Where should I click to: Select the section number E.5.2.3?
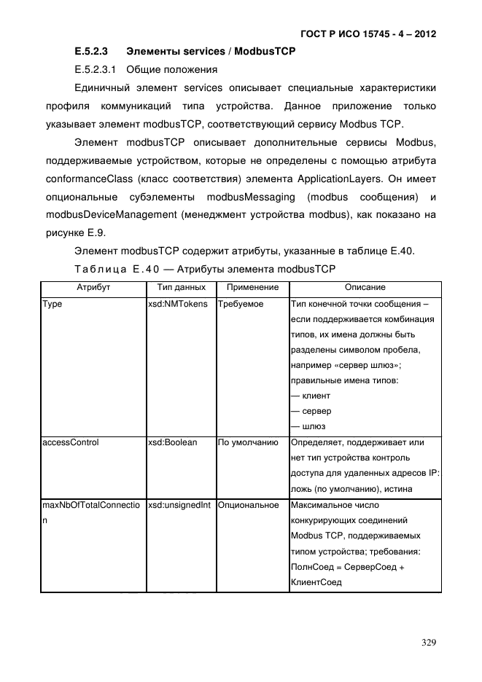(91, 52)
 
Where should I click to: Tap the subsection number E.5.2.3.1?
(97, 70)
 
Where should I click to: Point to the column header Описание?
(365, 288)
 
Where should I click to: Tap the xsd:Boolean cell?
(172, 442)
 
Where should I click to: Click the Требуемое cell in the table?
(241, 304)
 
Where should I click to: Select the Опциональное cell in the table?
(248, 505)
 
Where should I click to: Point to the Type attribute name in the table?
(53, 304)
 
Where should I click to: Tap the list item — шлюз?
(308, 426)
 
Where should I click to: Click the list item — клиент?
(310, 396)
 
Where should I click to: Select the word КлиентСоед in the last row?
(315, 583)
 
